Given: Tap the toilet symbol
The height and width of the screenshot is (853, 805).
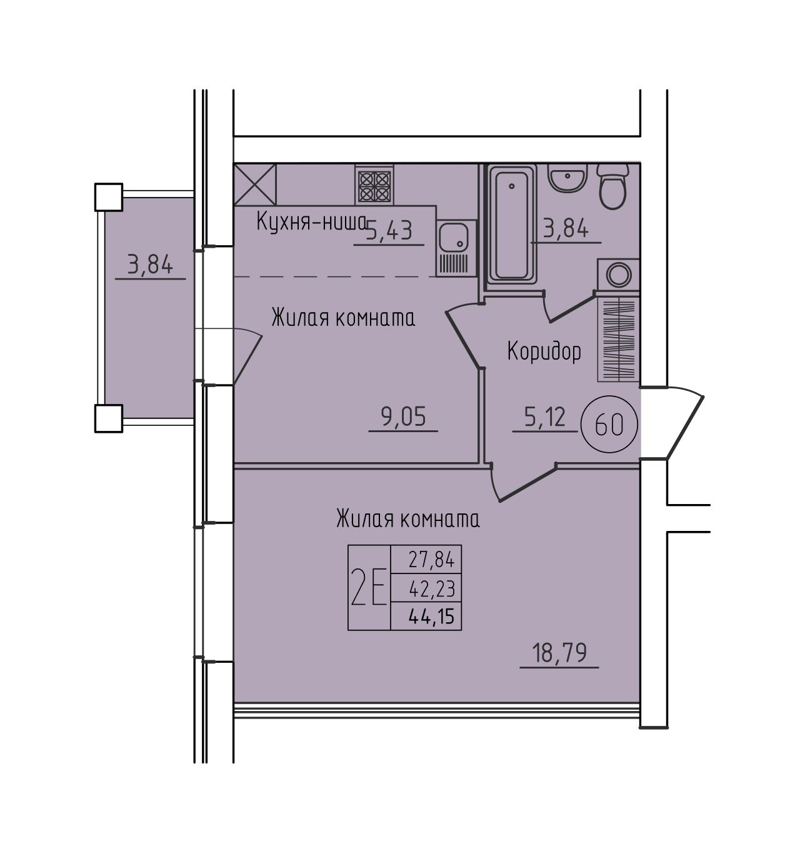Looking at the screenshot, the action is pos(612,186).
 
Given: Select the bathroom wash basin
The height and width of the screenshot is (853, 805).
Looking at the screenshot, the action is pos(567,178).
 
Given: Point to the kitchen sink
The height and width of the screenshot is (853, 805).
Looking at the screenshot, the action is pos(456,248).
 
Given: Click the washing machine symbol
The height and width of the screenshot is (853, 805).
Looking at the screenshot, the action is pos(618,275).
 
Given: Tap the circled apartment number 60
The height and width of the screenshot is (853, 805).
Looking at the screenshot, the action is pos(609,424).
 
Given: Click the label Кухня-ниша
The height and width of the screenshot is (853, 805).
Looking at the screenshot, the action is pos(311,221).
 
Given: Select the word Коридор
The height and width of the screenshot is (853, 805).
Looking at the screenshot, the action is pos(544,351).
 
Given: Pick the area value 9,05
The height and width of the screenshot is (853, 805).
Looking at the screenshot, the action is pos(403,416).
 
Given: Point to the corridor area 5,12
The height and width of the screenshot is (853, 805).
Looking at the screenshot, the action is pos(545,416).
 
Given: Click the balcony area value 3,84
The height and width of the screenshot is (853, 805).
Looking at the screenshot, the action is pos(150,264).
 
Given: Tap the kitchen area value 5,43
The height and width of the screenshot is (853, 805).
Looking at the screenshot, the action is pos(389,230).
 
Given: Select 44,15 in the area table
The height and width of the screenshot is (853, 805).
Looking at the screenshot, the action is pos(431,617).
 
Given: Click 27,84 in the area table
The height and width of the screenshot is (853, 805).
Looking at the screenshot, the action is pos(431,560).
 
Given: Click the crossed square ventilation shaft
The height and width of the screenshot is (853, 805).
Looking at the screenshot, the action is pos(255,184).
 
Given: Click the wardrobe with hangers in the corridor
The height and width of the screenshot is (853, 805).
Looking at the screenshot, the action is pos(619,340).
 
